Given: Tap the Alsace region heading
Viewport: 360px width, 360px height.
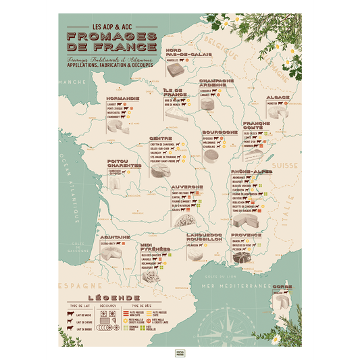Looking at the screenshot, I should point(278,97).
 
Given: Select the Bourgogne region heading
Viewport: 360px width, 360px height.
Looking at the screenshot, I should point(220,132).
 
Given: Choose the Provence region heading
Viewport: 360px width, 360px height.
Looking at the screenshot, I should point(247,234).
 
